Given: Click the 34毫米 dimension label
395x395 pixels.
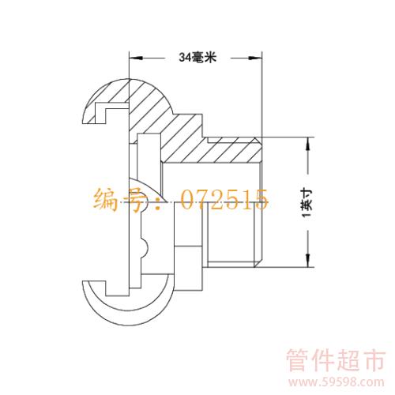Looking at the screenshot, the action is [197, 57].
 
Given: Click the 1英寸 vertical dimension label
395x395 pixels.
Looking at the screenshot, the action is [307, 202].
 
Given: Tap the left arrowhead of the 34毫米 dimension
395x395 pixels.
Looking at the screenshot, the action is [136, 58].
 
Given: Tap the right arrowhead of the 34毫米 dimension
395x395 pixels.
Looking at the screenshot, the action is [255, 58].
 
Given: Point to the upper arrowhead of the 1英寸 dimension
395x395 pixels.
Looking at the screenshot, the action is [307, 144].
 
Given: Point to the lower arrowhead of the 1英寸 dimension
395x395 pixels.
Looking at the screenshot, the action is [307, 260].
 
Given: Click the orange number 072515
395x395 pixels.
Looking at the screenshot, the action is [224, 199].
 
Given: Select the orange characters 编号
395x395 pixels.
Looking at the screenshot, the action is [120, 200].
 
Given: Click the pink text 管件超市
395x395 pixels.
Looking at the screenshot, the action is [336, 360].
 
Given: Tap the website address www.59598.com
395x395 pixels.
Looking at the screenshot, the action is [337, 382].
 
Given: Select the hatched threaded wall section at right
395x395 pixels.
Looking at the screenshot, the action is [211, 150].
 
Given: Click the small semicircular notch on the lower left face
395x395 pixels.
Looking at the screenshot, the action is [145, 247].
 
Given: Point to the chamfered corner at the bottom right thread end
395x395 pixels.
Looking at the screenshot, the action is [258, 264].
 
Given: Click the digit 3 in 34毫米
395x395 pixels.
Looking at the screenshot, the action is [182, 58].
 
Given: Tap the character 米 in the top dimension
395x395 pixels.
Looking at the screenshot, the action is [210, 57].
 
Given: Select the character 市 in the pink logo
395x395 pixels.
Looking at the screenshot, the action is [374, 360].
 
